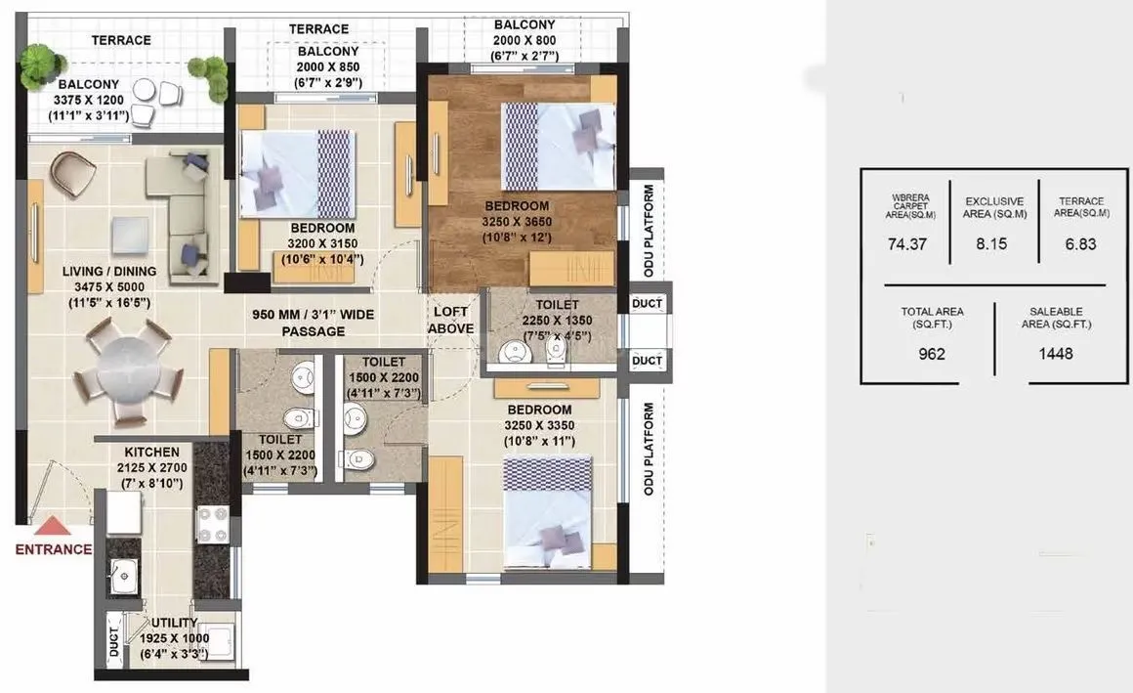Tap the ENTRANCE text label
coord(53,549)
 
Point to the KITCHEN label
coord(151,453)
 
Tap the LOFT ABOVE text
coord(452,321)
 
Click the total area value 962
coord(932,353)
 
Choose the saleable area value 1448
coord(1055,353)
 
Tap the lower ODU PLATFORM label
coord(648,449)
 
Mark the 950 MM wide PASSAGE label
coord(313,323)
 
